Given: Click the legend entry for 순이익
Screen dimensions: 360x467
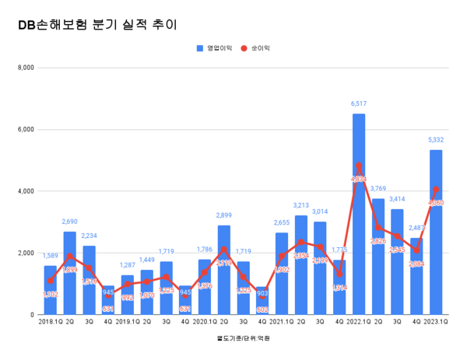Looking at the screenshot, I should point(255,48).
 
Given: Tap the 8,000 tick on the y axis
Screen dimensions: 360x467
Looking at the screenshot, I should point(25,68).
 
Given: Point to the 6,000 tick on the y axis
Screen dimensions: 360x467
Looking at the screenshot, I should point(25,129).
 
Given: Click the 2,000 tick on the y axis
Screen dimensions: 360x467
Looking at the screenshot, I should point(25,253).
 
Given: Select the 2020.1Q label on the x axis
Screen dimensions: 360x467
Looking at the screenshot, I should point(204,320).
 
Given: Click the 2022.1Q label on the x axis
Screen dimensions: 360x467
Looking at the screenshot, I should point(358,320).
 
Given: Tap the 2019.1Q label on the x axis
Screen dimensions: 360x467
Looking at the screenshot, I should point(127,320).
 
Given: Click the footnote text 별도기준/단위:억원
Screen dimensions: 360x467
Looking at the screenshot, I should point(237,338).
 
